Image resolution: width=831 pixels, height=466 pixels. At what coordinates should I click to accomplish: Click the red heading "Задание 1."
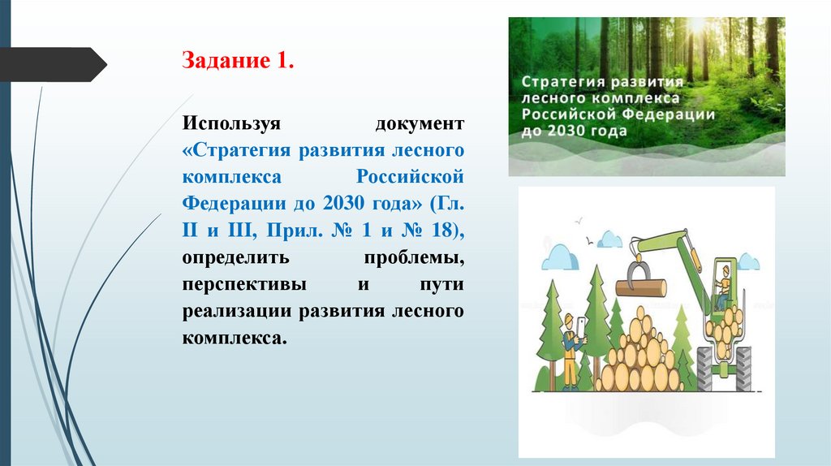(237, 62)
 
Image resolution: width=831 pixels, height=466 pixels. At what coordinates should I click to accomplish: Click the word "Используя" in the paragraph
(231, 124)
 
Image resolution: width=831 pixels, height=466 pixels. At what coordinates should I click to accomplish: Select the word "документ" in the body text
(420, 124)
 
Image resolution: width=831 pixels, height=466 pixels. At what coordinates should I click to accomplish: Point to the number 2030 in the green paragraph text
(344, 204)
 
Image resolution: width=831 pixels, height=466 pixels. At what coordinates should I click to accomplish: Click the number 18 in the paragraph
(441, 231)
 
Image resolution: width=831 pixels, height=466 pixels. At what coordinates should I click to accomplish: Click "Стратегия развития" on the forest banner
(601, 82)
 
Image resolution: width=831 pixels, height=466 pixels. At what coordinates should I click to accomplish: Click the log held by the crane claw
(641, 287)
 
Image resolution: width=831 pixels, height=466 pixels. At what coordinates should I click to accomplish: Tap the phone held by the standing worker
(581, 326)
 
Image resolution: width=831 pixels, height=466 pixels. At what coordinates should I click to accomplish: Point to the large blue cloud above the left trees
(561, 257)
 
